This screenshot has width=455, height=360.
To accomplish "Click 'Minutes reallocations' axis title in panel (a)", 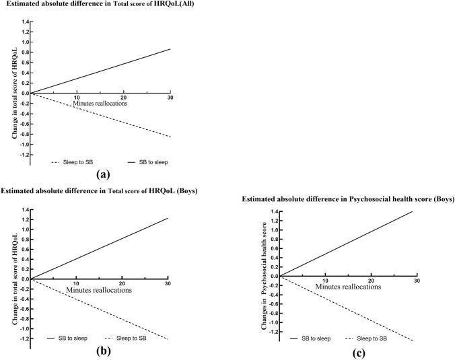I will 100,104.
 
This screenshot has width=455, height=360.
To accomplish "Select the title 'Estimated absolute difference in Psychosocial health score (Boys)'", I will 347,200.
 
